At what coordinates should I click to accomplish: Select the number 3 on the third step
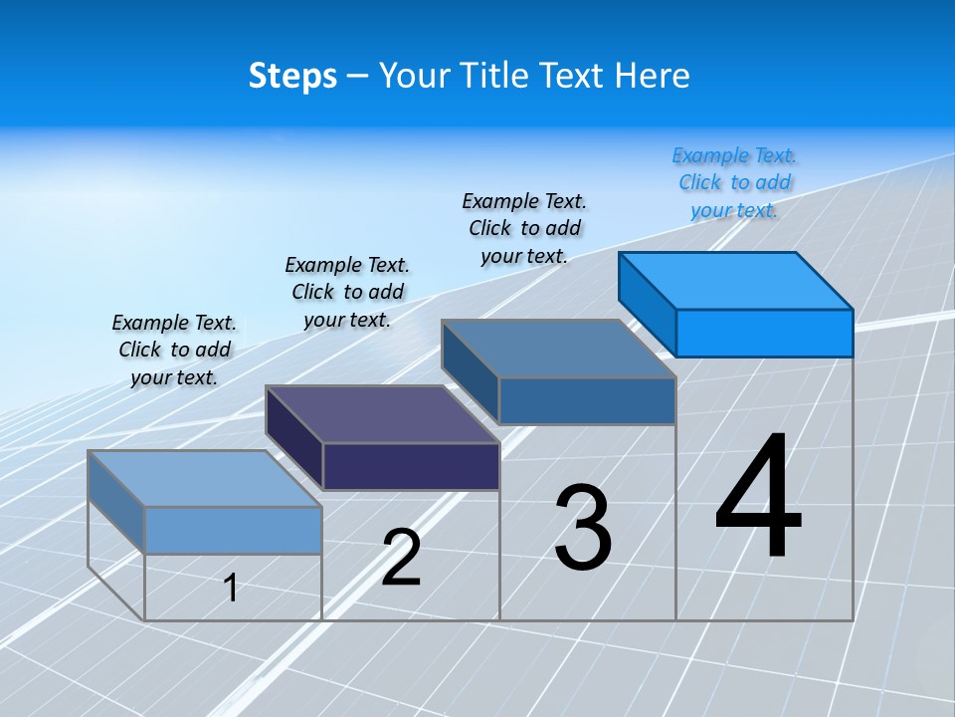583,528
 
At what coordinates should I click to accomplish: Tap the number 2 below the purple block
401,558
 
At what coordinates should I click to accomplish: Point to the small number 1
231,589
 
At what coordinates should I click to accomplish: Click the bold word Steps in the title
292,76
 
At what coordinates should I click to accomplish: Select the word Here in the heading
654,76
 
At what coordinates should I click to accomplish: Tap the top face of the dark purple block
383,414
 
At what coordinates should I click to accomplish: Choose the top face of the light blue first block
205,478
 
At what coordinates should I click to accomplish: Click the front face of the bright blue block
764,333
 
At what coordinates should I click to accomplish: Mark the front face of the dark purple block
411,466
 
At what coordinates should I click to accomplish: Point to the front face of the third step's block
587,400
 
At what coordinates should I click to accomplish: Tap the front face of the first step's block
233,530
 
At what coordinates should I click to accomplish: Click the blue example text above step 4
735,183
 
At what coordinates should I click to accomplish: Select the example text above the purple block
347,292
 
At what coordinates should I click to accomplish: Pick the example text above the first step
174,350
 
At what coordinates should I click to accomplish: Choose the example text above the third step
524,228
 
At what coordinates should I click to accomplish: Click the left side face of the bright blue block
648,303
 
